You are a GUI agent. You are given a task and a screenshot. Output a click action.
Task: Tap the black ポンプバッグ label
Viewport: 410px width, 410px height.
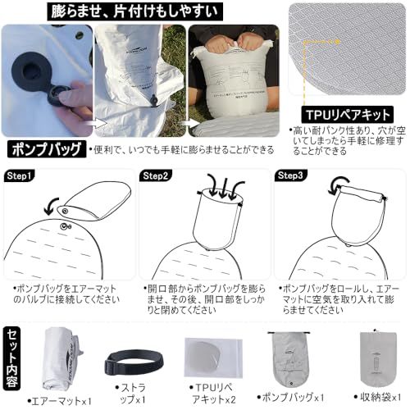coord(46,149)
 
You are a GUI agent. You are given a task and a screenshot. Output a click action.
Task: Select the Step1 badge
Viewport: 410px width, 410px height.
coord(20,175)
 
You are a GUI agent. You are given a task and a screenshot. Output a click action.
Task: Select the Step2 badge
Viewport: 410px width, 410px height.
coord(157,175)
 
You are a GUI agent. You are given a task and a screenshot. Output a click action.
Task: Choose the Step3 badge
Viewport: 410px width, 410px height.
coord(293,175)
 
